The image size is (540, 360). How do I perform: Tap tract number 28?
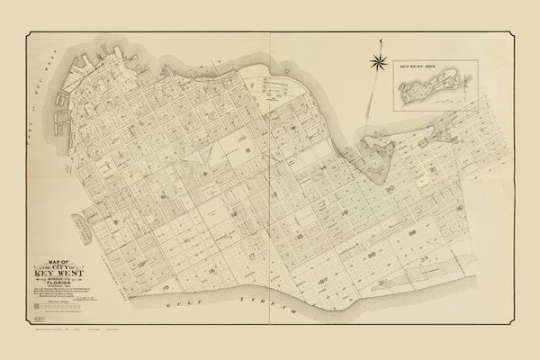439,234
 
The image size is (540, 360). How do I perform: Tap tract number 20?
389,187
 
